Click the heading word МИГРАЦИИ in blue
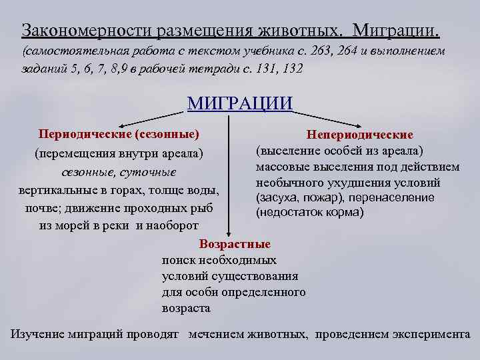pos(240,103)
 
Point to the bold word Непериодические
pos(360,136)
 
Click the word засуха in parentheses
pos(279,198)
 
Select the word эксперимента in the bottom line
pos(429,335)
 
